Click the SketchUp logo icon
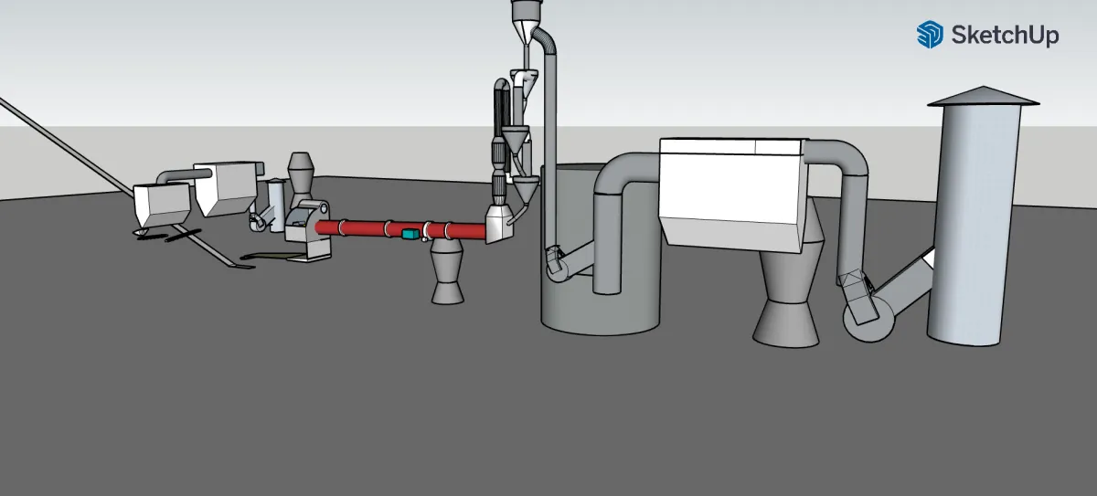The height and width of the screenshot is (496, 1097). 930,34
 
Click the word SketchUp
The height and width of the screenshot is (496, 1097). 1005,36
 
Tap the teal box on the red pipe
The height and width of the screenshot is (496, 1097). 410,234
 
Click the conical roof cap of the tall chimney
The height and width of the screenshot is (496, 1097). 984,96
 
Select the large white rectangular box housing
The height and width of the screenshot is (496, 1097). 732,194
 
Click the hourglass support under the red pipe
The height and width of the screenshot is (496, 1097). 448,271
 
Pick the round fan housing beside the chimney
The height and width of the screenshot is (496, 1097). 868,318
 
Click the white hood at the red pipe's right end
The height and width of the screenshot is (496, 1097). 499,224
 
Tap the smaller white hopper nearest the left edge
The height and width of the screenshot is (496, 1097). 162,206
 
